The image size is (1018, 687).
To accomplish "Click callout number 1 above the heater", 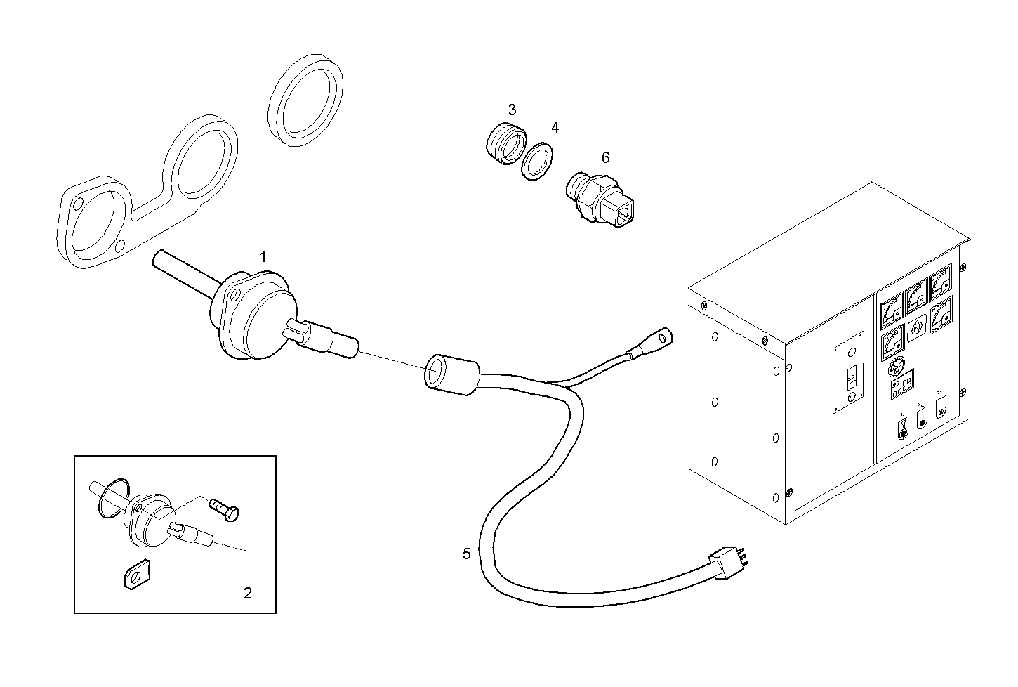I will tap(263, 257).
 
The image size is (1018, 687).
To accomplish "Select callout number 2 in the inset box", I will tap(247, 593).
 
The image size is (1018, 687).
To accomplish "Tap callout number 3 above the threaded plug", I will tap(512, 110).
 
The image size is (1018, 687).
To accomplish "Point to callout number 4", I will tap(555, 128).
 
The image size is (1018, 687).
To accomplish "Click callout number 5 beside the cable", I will tap(467, 554).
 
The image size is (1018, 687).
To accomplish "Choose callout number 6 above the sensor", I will tap(605, 157).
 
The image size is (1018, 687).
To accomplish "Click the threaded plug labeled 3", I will tap(504, 143).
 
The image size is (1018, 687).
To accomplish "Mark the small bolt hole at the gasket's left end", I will tap(78, 203).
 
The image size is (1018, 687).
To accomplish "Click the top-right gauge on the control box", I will tap(940, 284).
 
